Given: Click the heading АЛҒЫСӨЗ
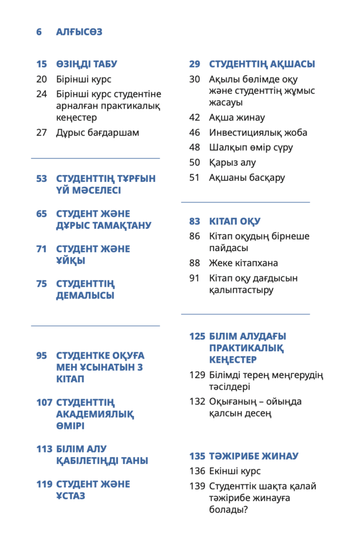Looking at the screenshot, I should tap(79, 32).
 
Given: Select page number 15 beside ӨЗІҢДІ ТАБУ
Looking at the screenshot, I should tap(42, 64).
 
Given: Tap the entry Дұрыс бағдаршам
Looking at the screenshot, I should tap(98, 133).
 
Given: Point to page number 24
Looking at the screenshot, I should tap(42, 94).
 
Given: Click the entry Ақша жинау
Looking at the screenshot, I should tap(237, 118).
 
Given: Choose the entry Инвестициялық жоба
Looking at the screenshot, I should tap(258, 133).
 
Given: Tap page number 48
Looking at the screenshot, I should tap(194, 148).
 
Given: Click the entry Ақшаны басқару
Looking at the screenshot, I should tap(247, 178).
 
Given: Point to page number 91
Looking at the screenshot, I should tap(194, 278).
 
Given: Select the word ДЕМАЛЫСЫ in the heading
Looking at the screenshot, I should tap(85, 296).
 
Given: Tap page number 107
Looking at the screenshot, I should tap(44, 403).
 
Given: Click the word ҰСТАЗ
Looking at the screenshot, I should tap(71, 496).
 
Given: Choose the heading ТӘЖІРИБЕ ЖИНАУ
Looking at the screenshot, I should tap(254, 456).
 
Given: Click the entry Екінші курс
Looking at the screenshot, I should tap(235, 471).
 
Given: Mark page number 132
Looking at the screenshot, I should tap(197, 402).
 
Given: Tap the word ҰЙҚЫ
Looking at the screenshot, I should tap(71, 261).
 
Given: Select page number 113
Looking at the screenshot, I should tap(44, 449).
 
